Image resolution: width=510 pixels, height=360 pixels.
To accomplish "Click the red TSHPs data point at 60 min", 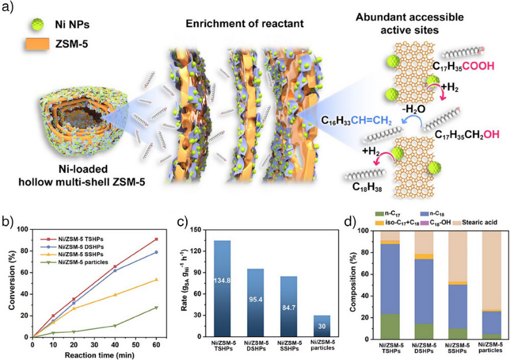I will click(x=155, y=239).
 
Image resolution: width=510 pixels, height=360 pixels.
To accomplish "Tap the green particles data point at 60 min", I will click(x=155, y=308).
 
